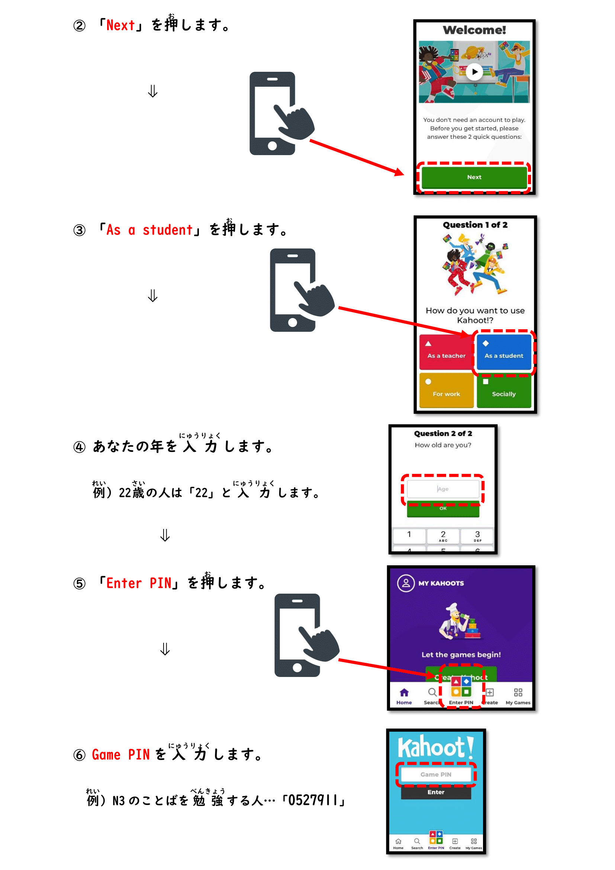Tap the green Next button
click(474, 177)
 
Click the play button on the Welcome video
click(474, 72)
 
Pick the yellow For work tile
click(446, 390)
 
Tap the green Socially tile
click(504, 390)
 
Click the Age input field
click(443, 489)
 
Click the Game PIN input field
click(435, 774)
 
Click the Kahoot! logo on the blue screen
click(435, 747)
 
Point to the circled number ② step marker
click(80, 26)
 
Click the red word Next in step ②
click(120, 26)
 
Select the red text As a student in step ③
click(149, 230)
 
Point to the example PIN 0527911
click(312, 800)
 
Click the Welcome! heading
click(474, 30)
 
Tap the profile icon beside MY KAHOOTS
click(406, 583)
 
